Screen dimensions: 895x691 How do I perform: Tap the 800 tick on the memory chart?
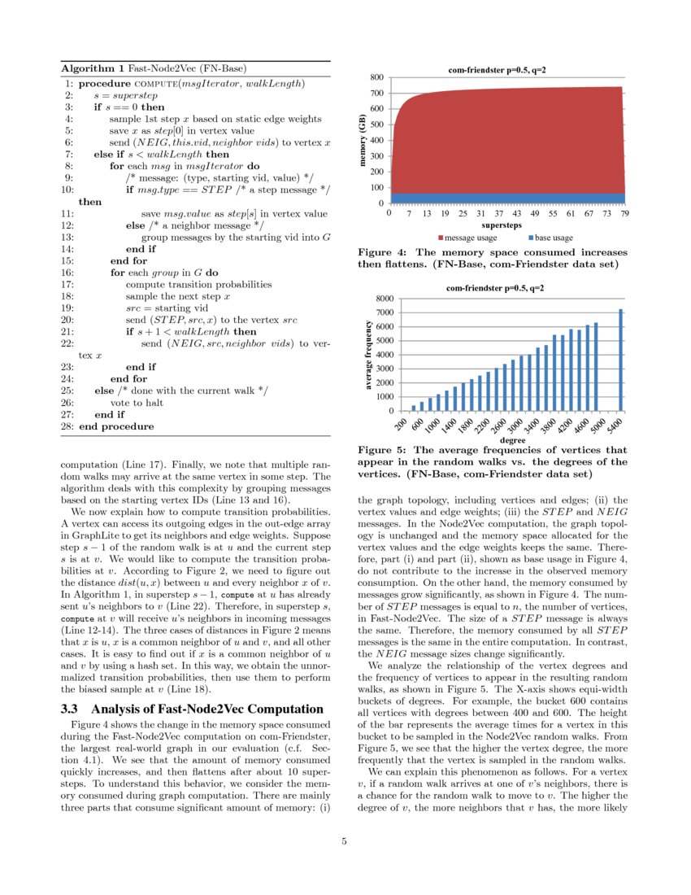tap(377, 78)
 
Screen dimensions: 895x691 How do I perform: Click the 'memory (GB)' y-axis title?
tap(363, 140)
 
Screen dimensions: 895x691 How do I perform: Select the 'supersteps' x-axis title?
tap(502, 224)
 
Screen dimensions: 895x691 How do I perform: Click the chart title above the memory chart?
tap(497, 70)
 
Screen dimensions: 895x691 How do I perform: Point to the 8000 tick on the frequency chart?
tap(384, 299)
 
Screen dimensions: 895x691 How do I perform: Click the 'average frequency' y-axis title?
tap(368, 355)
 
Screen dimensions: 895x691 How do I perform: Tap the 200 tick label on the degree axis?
tap(400, 426)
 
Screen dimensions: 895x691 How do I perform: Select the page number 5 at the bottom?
tap(345, 841)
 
